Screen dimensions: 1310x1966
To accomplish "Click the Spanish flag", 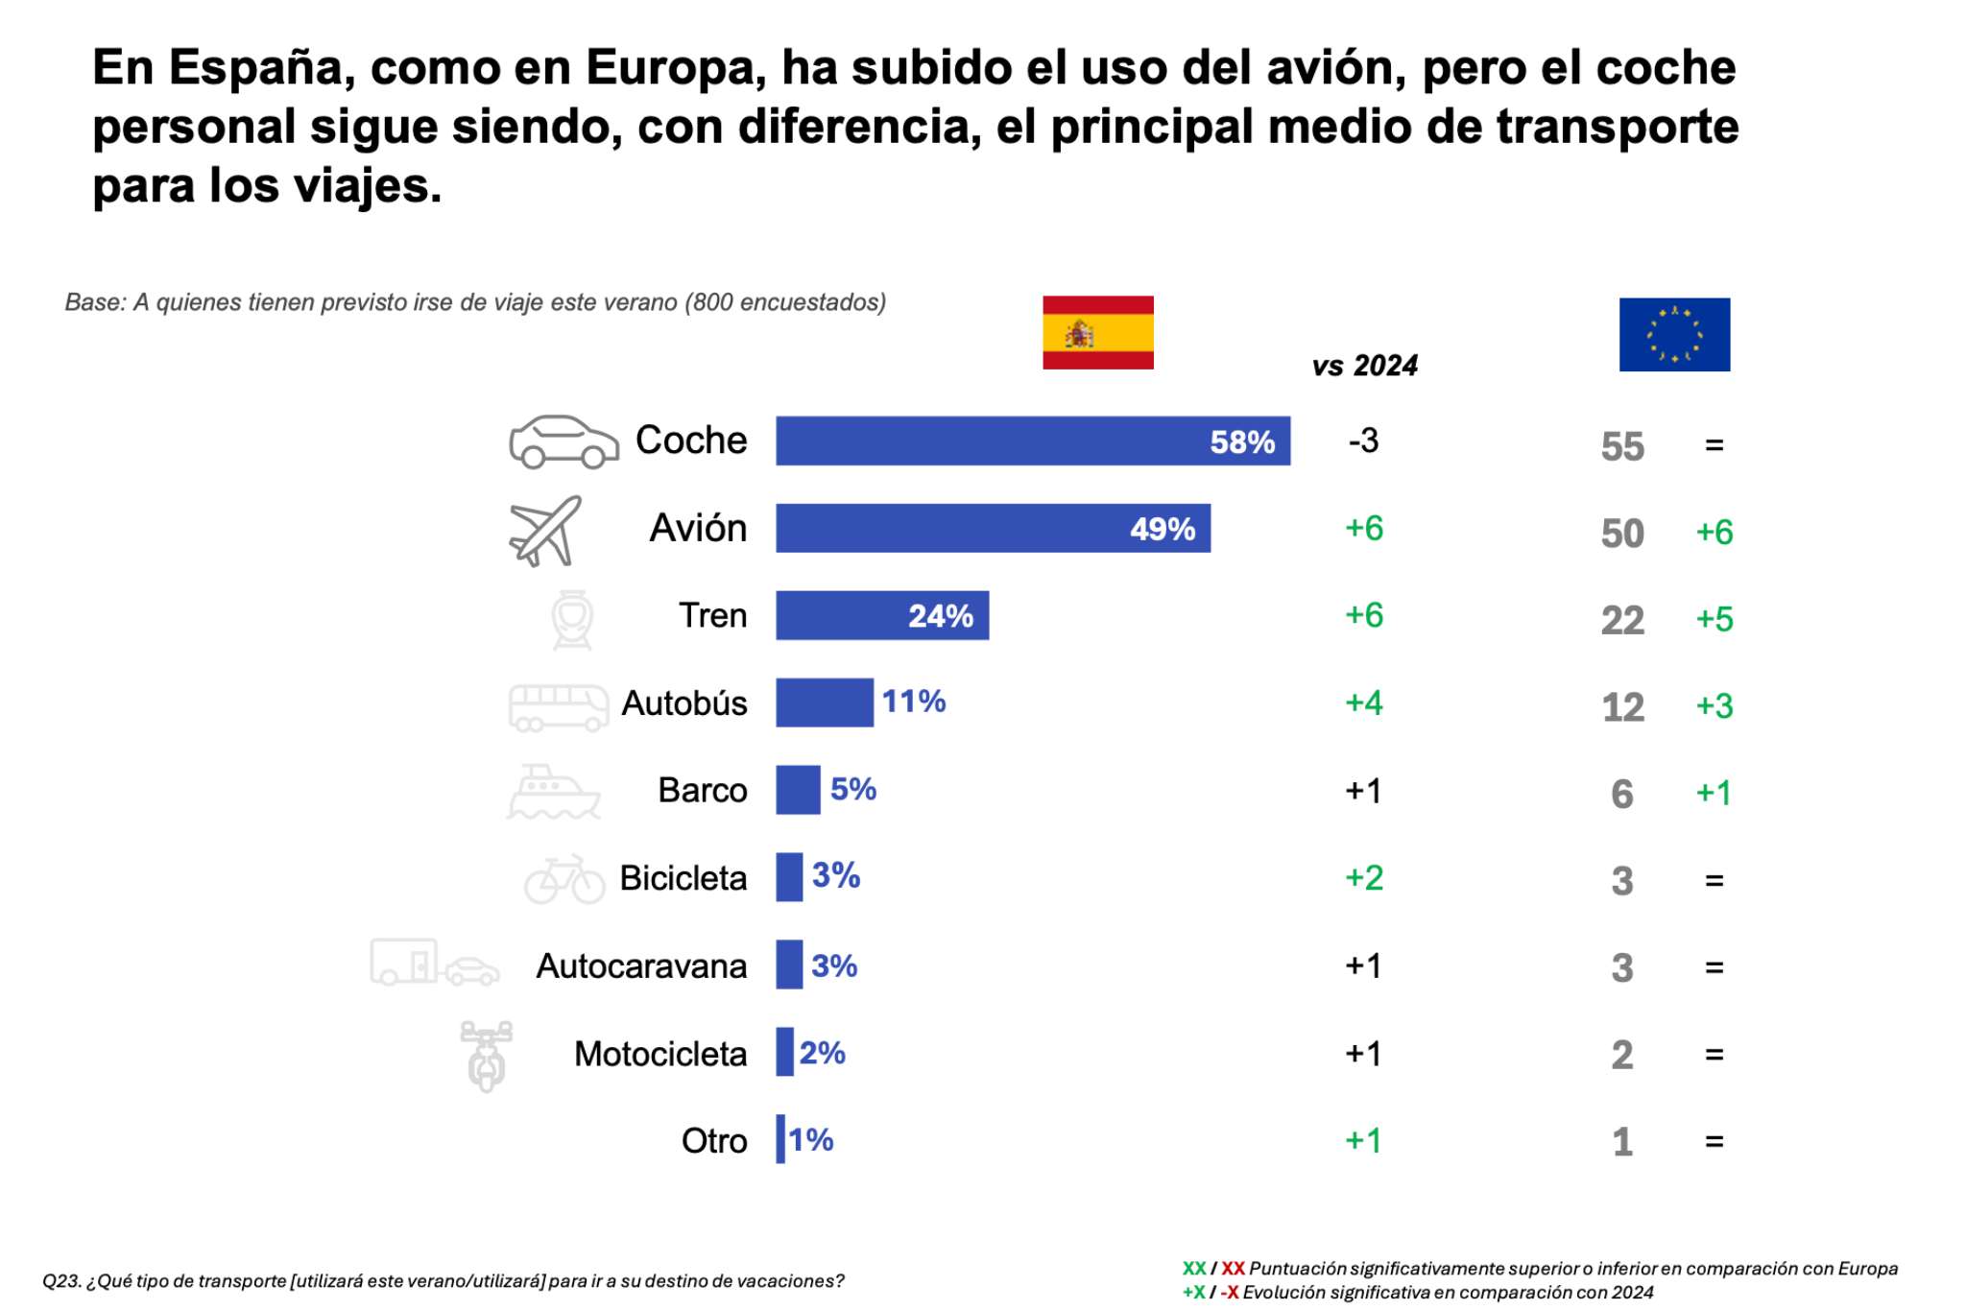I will [1097, 332].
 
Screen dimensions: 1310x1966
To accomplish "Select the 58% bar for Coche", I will [1032, 441].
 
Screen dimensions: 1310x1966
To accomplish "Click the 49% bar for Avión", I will [992, 528].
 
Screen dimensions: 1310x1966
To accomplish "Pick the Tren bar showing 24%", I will [881, 615].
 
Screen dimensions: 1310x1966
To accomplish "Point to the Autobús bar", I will [824, 703].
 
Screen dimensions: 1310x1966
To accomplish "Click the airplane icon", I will [545, 530].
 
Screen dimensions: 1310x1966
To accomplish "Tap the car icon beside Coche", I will [563, 441].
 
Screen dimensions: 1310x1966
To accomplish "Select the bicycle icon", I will [564, 879].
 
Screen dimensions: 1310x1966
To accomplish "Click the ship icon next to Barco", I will [553, 792].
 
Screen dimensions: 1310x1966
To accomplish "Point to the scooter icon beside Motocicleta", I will [487, 1056].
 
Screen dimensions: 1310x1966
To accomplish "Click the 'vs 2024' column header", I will [1364, 366].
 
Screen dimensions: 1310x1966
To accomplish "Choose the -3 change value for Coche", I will [1363, 441].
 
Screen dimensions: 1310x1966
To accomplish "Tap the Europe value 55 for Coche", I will [1622, 446].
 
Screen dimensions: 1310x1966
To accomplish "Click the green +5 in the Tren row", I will [1714, 619].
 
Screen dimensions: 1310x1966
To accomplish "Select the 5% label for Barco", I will [852, 789].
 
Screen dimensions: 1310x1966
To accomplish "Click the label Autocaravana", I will [641, 966].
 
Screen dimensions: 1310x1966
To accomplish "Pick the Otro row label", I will [713, 1141].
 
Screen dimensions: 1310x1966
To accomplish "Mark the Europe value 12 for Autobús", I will [1622, 707].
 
